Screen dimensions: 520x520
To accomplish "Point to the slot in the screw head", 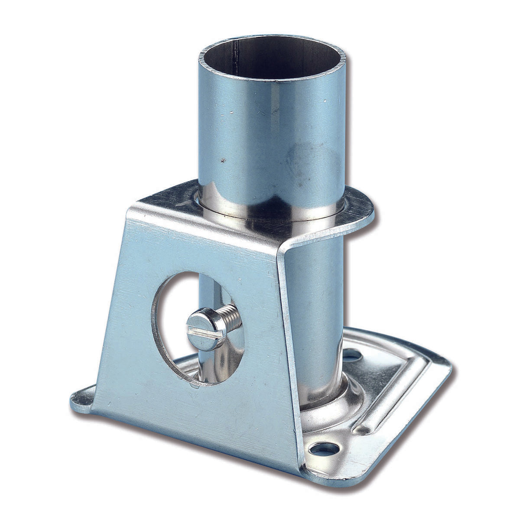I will [207, 331].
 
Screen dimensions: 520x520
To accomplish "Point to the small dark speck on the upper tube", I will [224, 161].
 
